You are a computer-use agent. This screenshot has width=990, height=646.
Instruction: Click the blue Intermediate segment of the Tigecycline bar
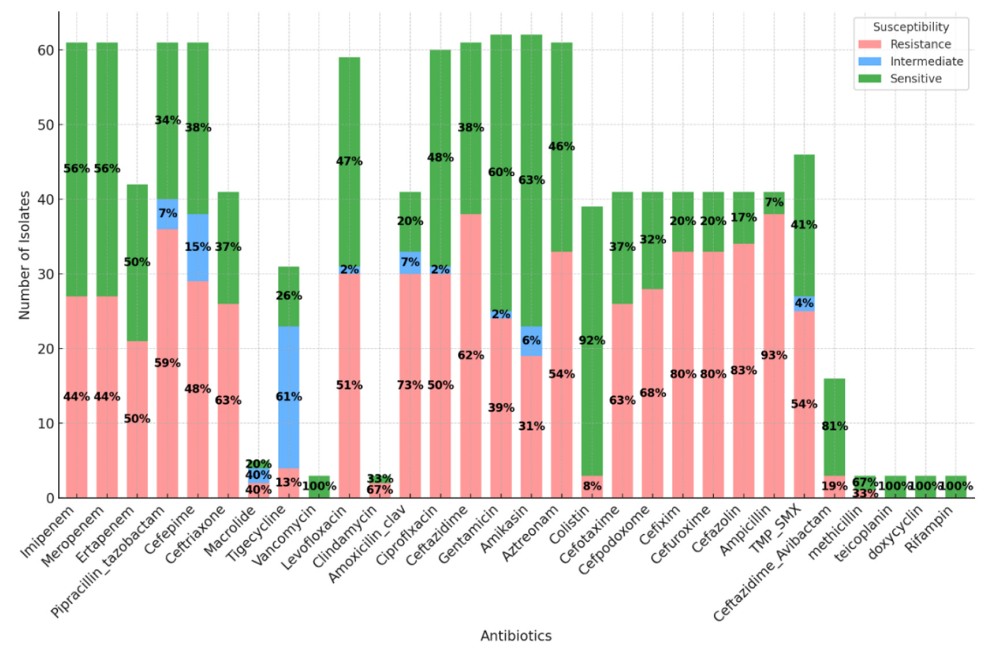[288, 374]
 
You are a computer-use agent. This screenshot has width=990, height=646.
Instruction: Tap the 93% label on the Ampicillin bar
[774, 355]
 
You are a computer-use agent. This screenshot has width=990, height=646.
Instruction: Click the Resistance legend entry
[920, 44]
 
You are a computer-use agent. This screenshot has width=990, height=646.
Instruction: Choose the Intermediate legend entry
[926, 61]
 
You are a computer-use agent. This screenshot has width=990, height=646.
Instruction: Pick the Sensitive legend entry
[915, 78]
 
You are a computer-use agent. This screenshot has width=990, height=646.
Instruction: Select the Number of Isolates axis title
[25, 255]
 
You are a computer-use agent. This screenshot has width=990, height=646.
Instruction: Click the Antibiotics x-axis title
[516, 636]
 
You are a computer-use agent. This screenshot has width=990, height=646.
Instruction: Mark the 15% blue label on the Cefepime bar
[198, 247]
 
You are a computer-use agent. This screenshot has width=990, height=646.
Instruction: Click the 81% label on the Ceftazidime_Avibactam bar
[834, 426]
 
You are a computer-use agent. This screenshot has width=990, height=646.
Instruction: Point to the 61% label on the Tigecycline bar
[288, 397]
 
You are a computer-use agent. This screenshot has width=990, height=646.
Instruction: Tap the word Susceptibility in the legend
[911, 27]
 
